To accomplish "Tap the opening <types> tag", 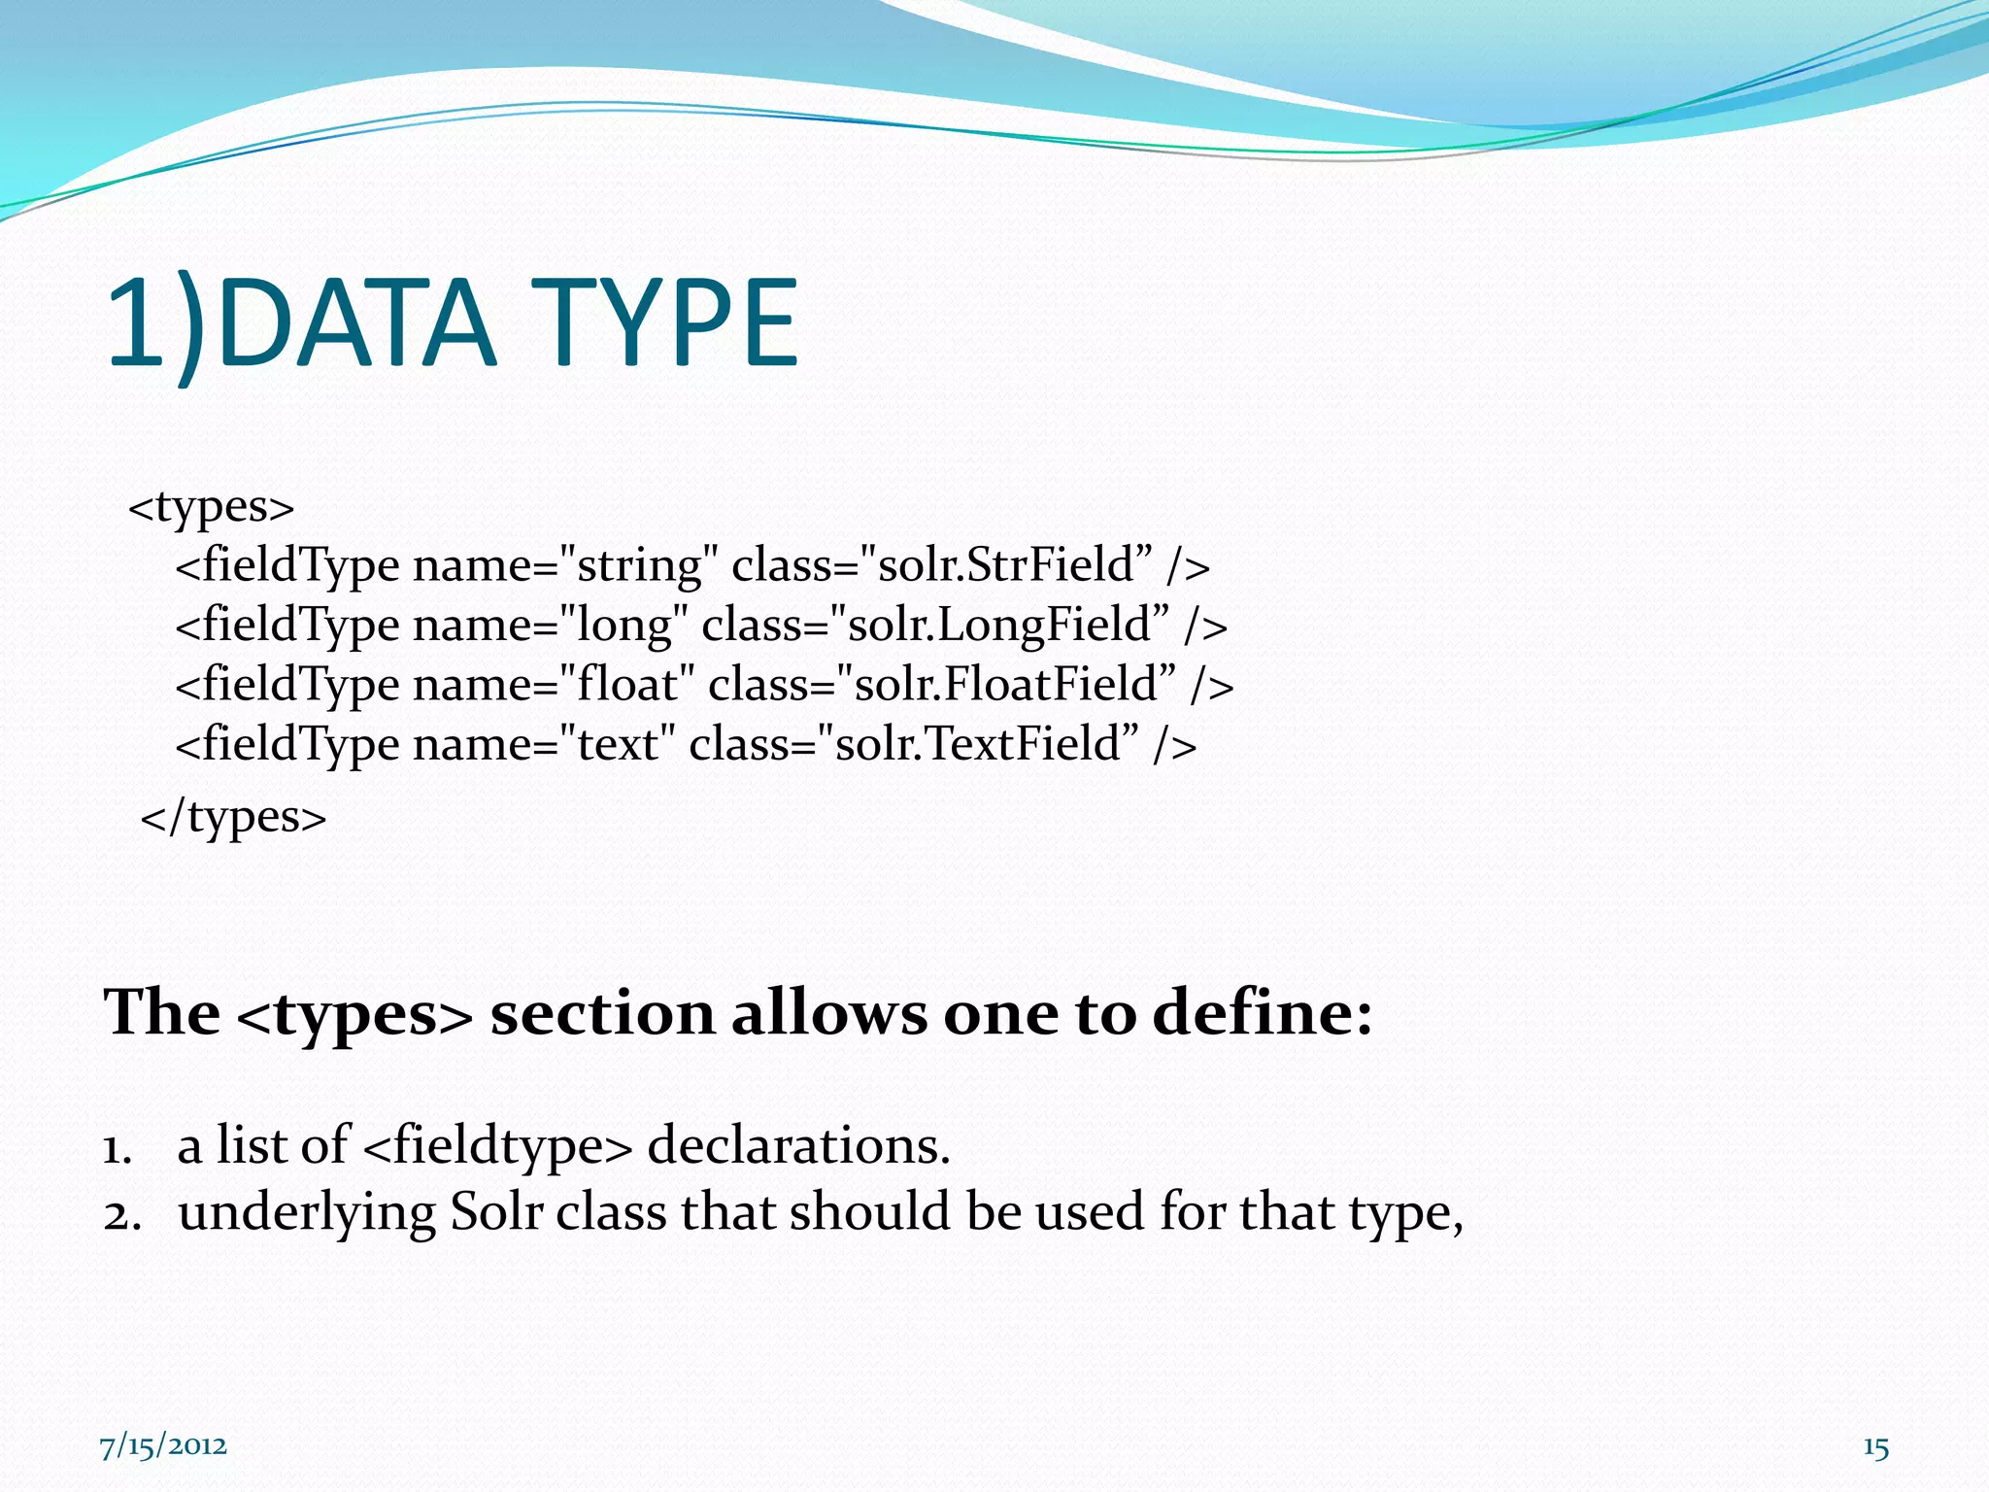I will pos(211,507).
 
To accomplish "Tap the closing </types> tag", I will pos(233,817).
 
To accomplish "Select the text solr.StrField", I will pos(1006,565).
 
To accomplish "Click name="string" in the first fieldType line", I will pos(565,565).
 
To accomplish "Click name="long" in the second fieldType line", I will pos(551,625).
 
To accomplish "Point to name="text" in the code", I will pos(544,744).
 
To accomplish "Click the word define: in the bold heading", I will pos(1263,1012).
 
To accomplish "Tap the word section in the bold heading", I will pos(602,1012).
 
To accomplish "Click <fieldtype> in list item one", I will pos(497,1145).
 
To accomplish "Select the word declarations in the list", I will pos(798,1145).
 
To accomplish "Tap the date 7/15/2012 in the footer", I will pos(163,1446).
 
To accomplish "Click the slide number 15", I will pos(1875,1447).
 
